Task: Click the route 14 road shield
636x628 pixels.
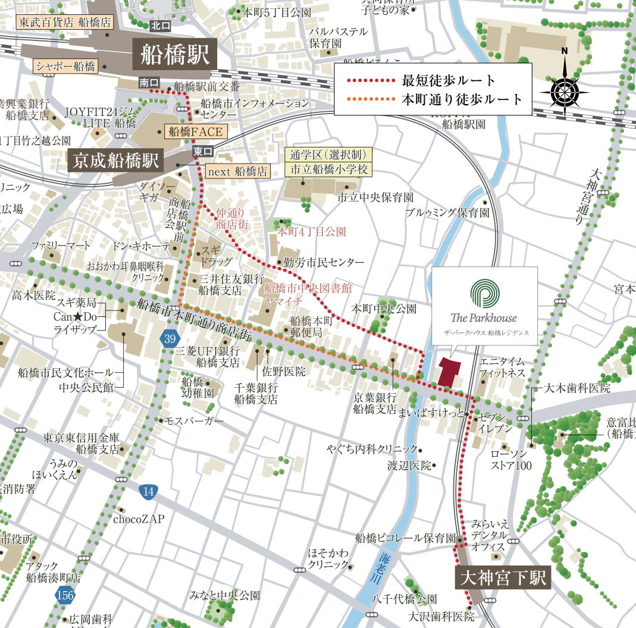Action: pyautogui.click(x=149, y=491)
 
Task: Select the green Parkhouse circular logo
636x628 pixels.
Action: pyautogui.click(x=484, y=294)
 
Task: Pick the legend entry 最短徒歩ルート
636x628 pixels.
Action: pyautogui.click(x=449, y=80)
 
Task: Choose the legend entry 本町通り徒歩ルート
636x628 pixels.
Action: pyautogui.click(x=462, y=99)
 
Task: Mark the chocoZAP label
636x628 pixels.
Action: pyautogui.click(x=139, y=519)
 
